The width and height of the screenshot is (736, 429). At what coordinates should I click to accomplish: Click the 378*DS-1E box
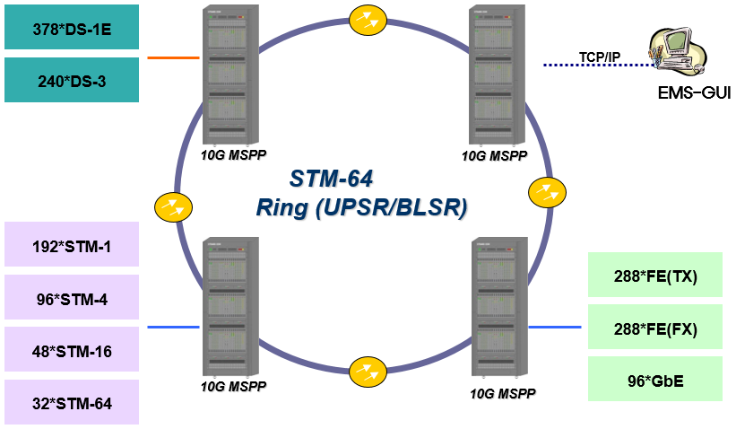(72, 27)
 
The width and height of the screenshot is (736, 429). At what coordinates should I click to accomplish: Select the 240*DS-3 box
(72, 80)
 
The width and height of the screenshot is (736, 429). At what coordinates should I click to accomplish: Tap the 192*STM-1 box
(72, 244)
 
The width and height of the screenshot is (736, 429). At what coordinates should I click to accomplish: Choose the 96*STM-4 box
(72, 297)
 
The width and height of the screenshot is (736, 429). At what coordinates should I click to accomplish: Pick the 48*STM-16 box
(72, 350)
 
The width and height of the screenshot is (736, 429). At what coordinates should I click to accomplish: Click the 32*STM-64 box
(72, 403)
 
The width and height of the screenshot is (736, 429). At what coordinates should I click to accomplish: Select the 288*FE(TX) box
(655, 275)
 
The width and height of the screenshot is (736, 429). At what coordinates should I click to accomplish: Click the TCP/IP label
(599, 57)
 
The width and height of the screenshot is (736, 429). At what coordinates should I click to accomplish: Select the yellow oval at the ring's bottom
(368, 370)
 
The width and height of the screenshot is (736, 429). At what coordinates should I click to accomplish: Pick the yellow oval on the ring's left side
(172, 207)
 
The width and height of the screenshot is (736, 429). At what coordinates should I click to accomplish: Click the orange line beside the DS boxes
(173, 57)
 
